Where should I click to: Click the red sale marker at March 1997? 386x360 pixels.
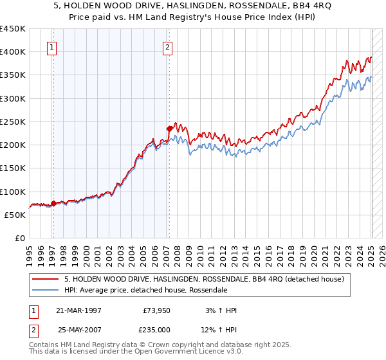coord(53,203)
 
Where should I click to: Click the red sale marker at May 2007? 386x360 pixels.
coord(169,128)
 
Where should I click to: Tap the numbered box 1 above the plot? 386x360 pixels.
coord(51,46)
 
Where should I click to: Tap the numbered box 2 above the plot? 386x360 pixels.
coord(167,46)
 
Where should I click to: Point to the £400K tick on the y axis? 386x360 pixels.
coord(13,52)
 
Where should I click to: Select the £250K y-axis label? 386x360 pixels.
coord(13,122)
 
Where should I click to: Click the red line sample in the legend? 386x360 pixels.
coord(46,279)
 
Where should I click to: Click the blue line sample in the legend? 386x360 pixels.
coord(46,291)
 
